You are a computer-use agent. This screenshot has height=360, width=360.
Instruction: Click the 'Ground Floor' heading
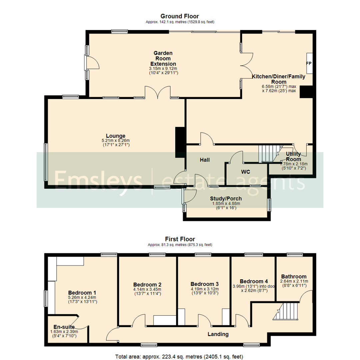pos(180,16)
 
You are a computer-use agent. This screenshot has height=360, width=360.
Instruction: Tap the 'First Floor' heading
pos(180,239)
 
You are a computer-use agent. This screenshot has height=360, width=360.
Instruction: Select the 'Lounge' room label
pos(116,136)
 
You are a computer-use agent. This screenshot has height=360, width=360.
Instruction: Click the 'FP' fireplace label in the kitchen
pos(308,63)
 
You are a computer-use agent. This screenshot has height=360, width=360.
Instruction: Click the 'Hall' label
pos(204,160)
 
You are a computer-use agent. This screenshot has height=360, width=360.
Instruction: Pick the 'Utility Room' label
pos(293,157)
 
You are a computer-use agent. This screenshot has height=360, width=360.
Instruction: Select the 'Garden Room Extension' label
pos(163,58)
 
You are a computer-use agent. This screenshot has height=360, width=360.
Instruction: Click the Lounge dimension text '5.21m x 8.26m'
pos(116,140)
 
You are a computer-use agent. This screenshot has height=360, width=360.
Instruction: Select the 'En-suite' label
pos(62,327)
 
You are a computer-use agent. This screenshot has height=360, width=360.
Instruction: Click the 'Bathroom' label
pos(294,276)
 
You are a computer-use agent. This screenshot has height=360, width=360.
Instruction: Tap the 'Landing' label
pos(218,334)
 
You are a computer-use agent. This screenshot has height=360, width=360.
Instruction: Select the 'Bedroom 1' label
pos(82,292)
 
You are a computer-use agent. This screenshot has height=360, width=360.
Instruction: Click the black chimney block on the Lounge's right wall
pos(180,140)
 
